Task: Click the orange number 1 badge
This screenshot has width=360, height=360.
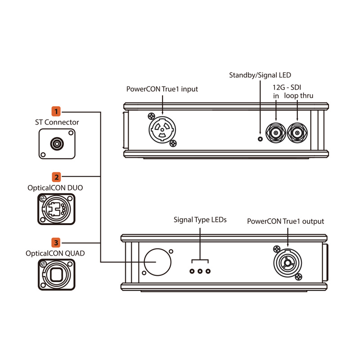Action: [x=56, y=111]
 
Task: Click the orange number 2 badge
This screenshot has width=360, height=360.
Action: [x=56, y=177]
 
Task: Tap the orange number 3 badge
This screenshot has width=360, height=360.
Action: [x=56, y=243]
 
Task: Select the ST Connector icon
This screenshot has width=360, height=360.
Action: [x=56, y=144]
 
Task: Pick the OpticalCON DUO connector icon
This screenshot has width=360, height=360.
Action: [x=56, y=210]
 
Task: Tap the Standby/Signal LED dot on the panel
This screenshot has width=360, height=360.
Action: [x=260, y=138]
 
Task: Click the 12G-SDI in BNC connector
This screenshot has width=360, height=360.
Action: [x=275, y=132]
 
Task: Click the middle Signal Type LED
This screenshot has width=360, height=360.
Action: [x=200, y=271]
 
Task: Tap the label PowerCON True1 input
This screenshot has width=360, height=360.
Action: [x=162, y=89]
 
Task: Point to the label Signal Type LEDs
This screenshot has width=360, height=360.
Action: [x=200, y=220]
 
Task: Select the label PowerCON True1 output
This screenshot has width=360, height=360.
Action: [x=285, y=221]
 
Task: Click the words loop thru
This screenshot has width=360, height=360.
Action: [x=298, y=96]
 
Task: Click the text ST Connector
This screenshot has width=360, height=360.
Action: [x=57, y=122]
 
